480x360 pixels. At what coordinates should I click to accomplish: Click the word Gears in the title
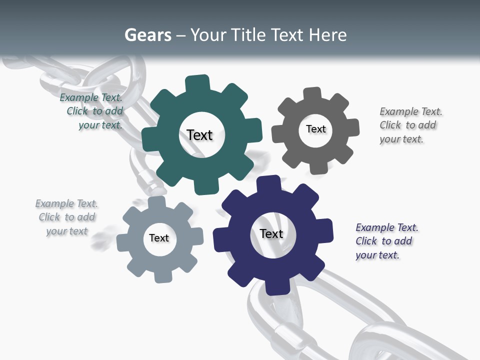click(148, 35)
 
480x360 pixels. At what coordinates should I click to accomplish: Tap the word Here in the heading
click(327, 35)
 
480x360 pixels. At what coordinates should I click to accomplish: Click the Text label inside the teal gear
click(199, 135)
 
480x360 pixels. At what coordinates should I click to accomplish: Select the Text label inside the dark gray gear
click(315, 129)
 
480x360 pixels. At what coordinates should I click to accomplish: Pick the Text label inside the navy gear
click(271, 233)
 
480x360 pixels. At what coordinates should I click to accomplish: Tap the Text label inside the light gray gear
click(158, 238)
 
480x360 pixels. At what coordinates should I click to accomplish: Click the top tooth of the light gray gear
click(156, 203)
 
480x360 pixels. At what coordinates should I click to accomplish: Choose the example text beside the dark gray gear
click(410, 125)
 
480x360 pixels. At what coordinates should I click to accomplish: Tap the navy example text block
click(386, 241)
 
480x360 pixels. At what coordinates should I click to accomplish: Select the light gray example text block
click(66, 217)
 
